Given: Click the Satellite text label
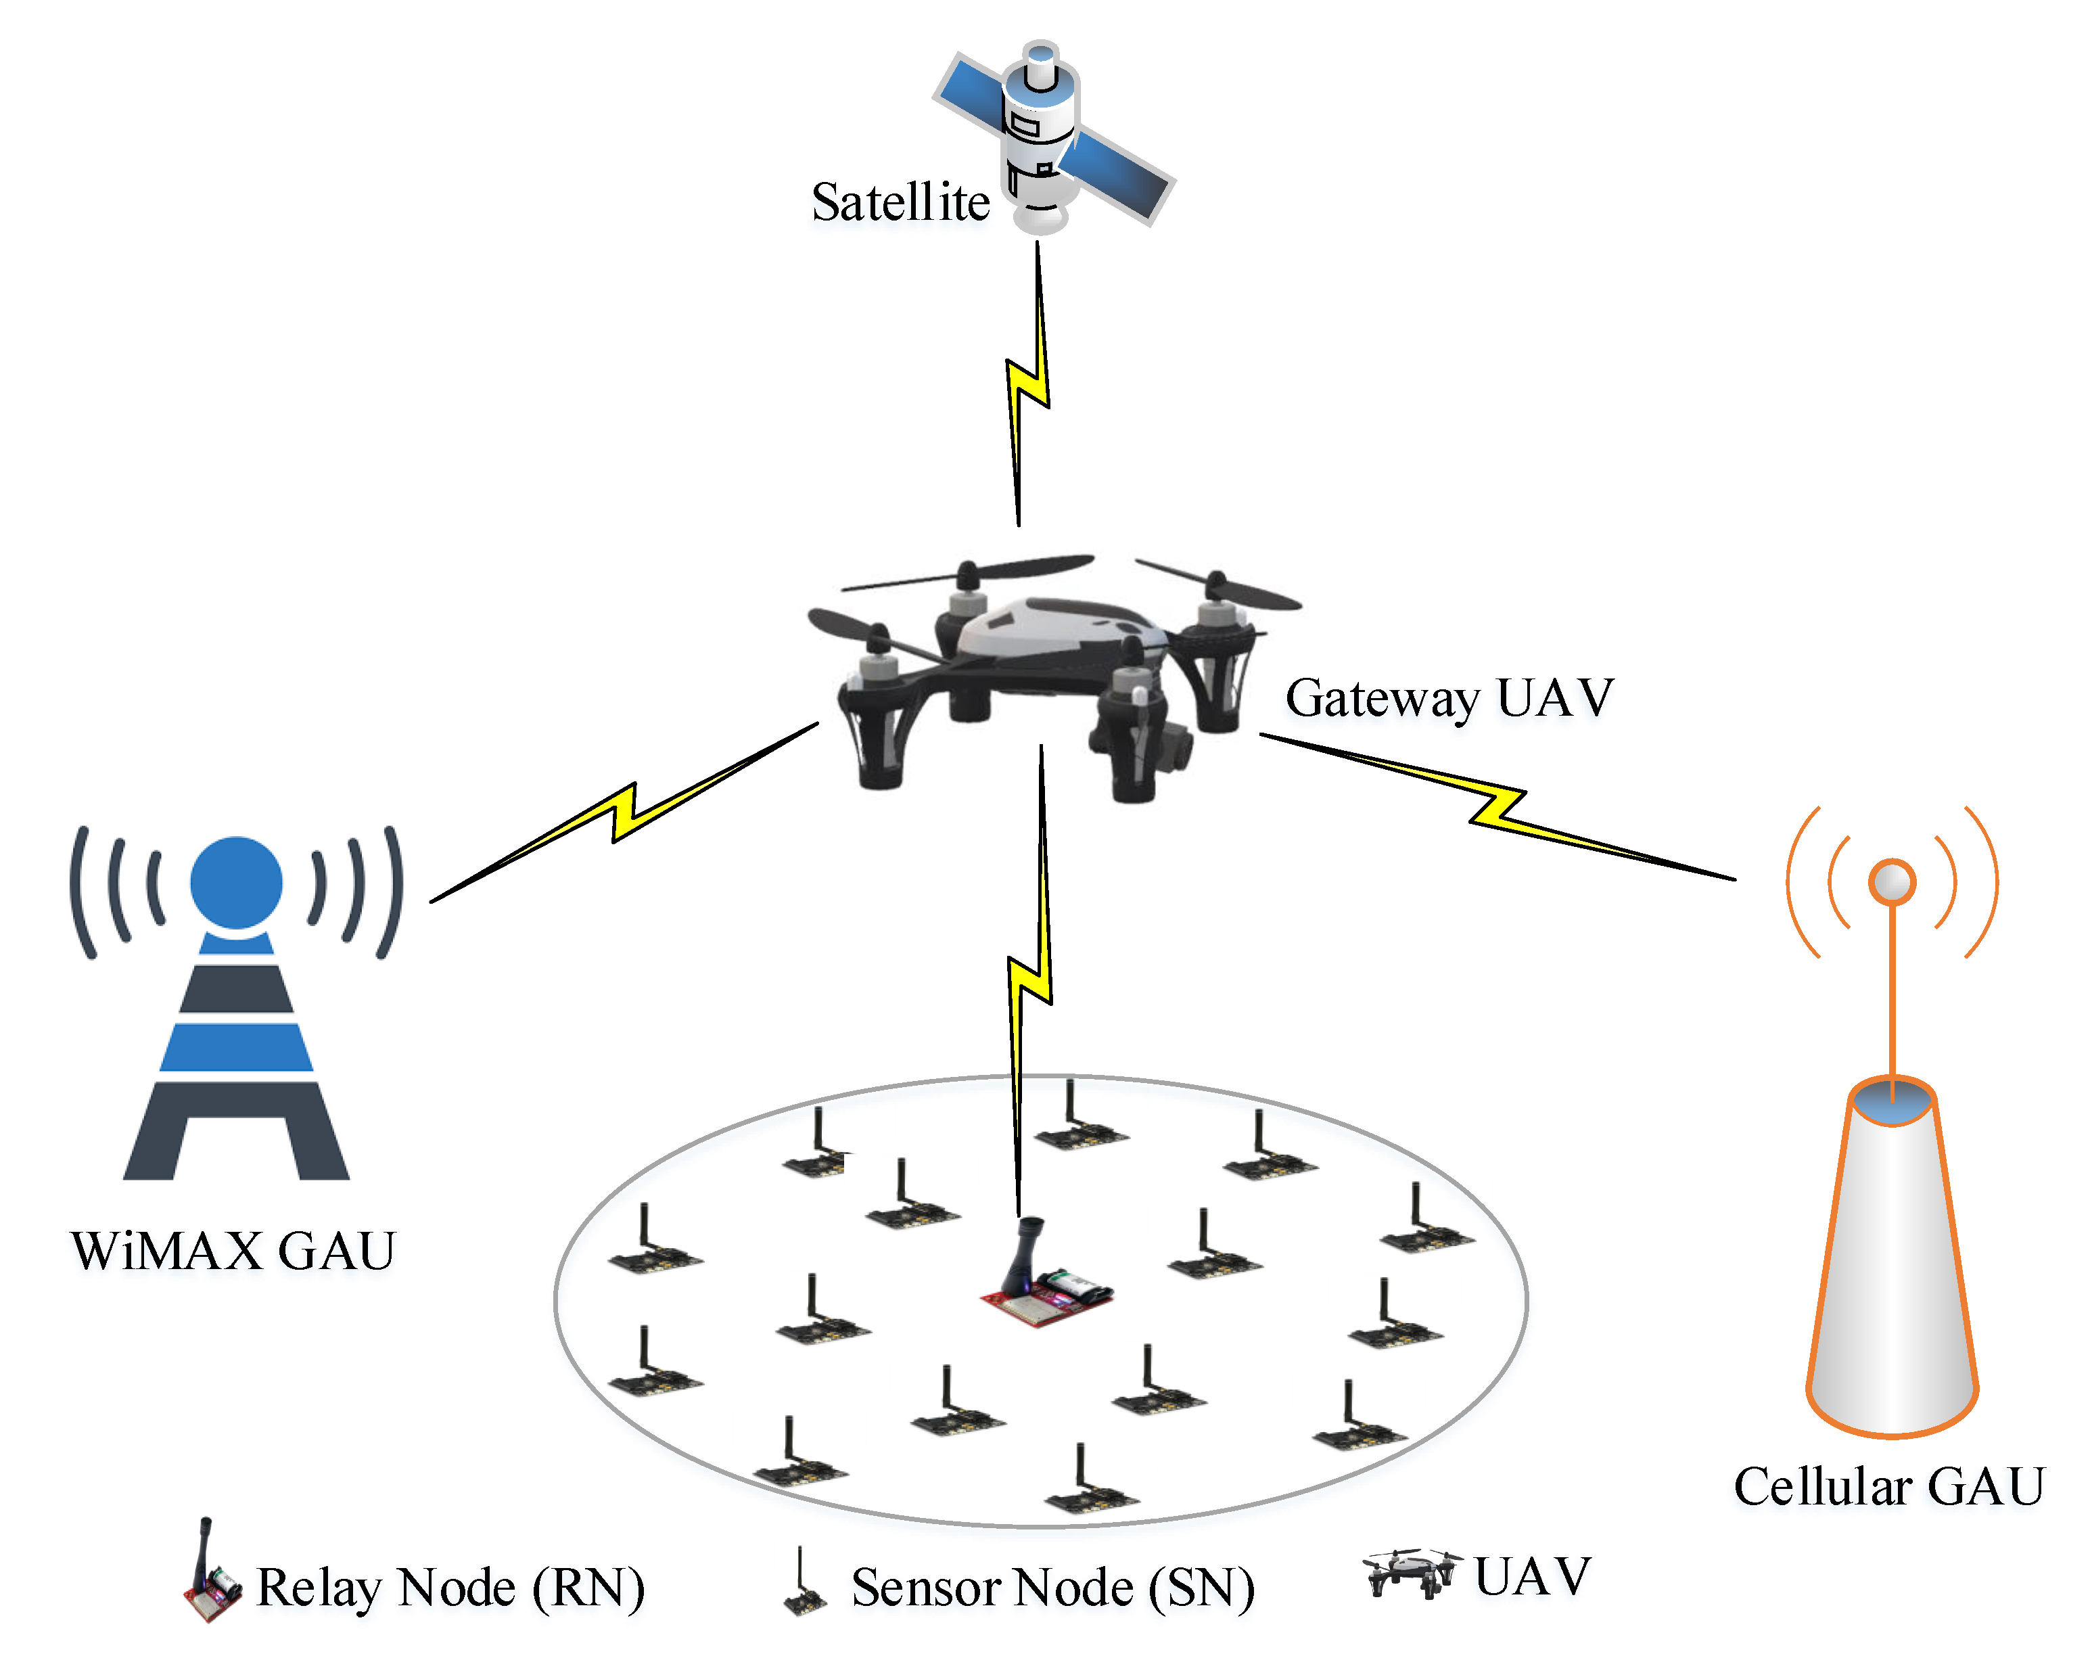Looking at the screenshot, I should click(x=900, y=203).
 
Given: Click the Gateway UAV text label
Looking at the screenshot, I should click(x=1449, y=698).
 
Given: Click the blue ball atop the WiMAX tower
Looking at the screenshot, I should click(x=235, y=882).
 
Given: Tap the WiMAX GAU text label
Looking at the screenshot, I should click(x=233, y=1251).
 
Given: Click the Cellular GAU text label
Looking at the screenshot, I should click(x=1888, y=1487).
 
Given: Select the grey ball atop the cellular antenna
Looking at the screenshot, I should click(x=1891, y=882).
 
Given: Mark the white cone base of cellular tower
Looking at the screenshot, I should click(x=1891, y=1280).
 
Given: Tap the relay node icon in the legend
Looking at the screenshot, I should click(x=211, y=1575).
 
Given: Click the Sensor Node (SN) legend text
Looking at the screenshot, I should click(x=1052, y=1588).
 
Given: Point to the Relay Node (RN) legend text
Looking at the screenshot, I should click(x=450, y=1588).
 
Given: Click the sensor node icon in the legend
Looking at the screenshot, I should click(x=804, y=1586).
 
